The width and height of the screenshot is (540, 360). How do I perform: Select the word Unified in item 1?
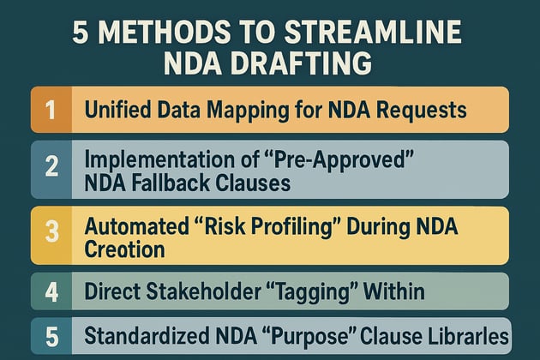(x=115, y=110)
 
